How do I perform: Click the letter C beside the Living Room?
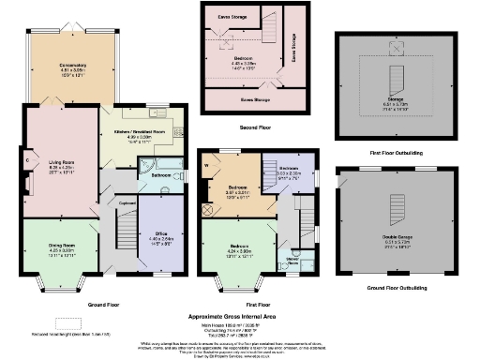(29, 159)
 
